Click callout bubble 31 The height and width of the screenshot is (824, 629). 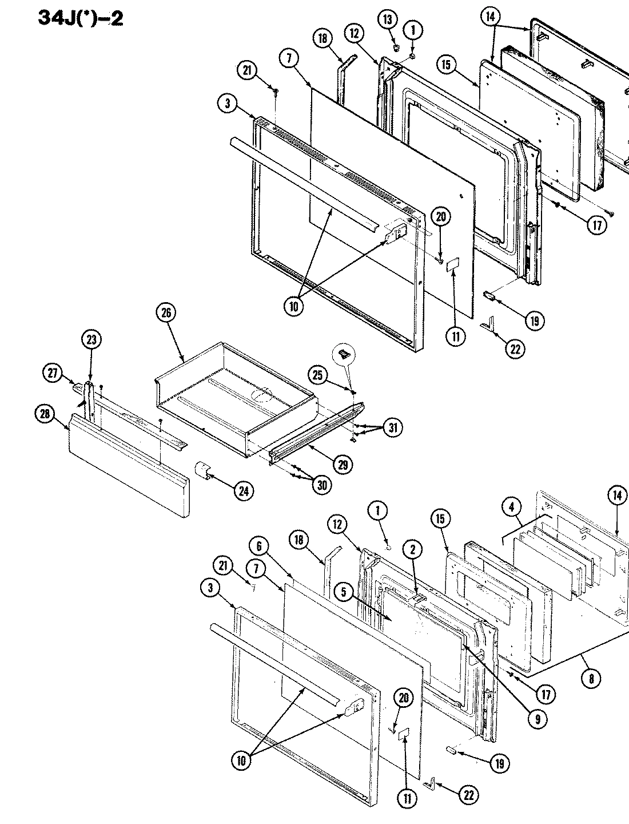(x=393, y=427)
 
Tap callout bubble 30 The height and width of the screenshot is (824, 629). (x=323, y=485)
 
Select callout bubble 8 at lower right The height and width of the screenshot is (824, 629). (x=591, y=679)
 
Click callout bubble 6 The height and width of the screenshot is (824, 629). (x=259, y=546)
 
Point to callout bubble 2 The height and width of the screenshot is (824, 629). (x=412, y=550)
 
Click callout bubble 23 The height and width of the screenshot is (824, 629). (x=92, y=339)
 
